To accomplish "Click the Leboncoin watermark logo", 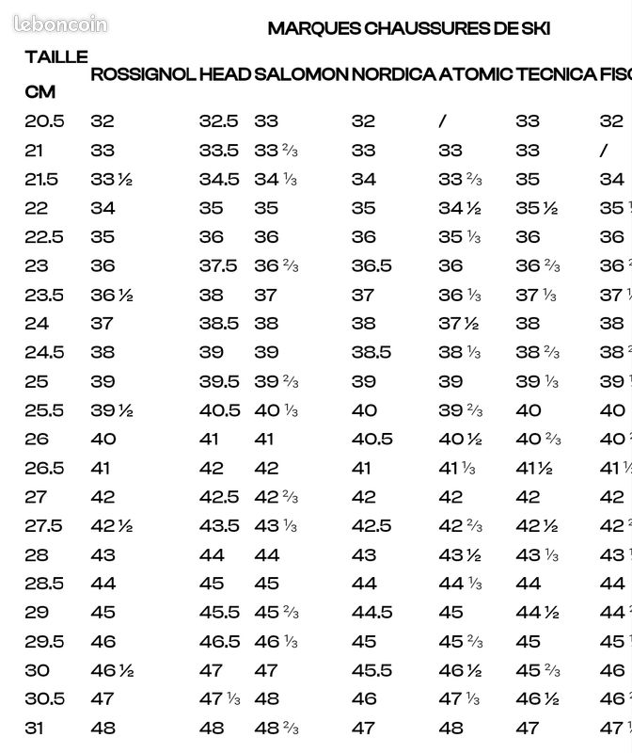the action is click(x=61, y=24).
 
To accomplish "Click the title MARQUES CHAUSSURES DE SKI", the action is click(x=408, y=28).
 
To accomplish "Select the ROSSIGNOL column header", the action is click(x=142, y=73).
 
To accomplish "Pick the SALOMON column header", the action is click(x=301, y=73).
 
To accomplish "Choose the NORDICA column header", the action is click(x=393, y=73).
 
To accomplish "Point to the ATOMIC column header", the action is click(x=476, y=73).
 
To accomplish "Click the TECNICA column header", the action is click(x=556, y=73).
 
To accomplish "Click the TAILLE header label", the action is click(x=56, y=56).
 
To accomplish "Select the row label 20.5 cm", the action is click(x=44, y=120).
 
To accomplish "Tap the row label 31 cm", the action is click(x=36, y=728).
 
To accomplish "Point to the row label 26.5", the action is click(x=44, y=468).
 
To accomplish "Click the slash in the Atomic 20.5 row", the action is click(x=442, y=120).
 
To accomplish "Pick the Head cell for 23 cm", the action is click(x=218, y=265).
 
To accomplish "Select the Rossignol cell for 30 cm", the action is click(x=111, y=670).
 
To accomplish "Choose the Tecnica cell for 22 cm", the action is click(x=536, y=208).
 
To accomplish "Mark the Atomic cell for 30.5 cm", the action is click(x=459, y=698).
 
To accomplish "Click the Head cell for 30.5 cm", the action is click(x=222, y=698).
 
